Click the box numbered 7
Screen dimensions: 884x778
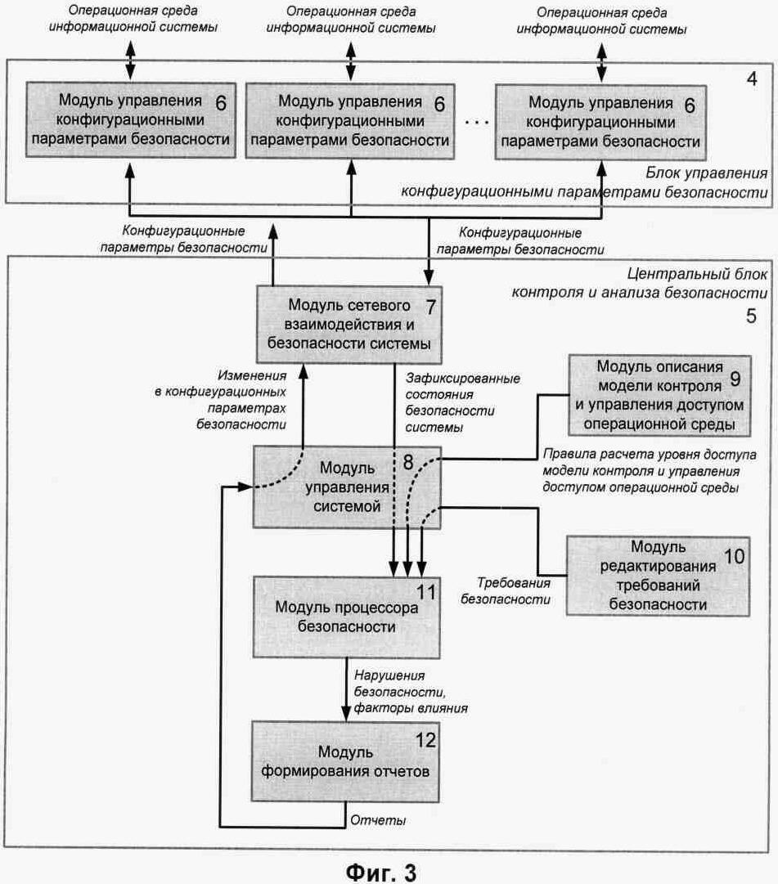[x=350, y=324]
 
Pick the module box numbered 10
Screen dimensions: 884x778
[x=658, y=576]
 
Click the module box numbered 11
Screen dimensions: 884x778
[x=347, y=617]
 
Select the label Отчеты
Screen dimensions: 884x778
[x=378, y=819]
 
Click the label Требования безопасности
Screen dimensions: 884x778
[x=514, y=590]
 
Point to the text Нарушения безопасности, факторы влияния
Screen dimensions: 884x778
[x=409, y=692]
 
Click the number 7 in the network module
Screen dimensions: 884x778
[x=433, y=307]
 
